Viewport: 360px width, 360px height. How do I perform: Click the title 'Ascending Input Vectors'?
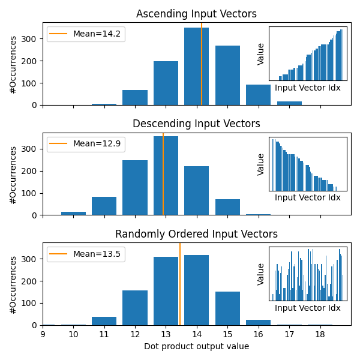196,14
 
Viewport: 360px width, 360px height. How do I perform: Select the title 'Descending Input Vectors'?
196,124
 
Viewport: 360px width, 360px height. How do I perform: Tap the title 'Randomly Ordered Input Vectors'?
196,234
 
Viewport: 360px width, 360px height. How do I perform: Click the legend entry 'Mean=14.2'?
97,34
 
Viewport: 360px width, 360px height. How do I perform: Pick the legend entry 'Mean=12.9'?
97,144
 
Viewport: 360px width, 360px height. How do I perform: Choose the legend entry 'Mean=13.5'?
97,254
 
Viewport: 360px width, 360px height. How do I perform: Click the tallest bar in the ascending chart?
196,67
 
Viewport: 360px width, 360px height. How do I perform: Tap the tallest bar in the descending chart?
166,176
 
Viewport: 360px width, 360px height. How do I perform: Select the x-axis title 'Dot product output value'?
196,346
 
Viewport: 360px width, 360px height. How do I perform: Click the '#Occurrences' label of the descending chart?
13,175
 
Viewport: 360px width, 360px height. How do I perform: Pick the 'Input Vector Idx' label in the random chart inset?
308,308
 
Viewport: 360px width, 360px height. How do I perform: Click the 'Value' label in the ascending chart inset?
261,53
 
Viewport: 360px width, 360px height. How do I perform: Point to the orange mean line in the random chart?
180,282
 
